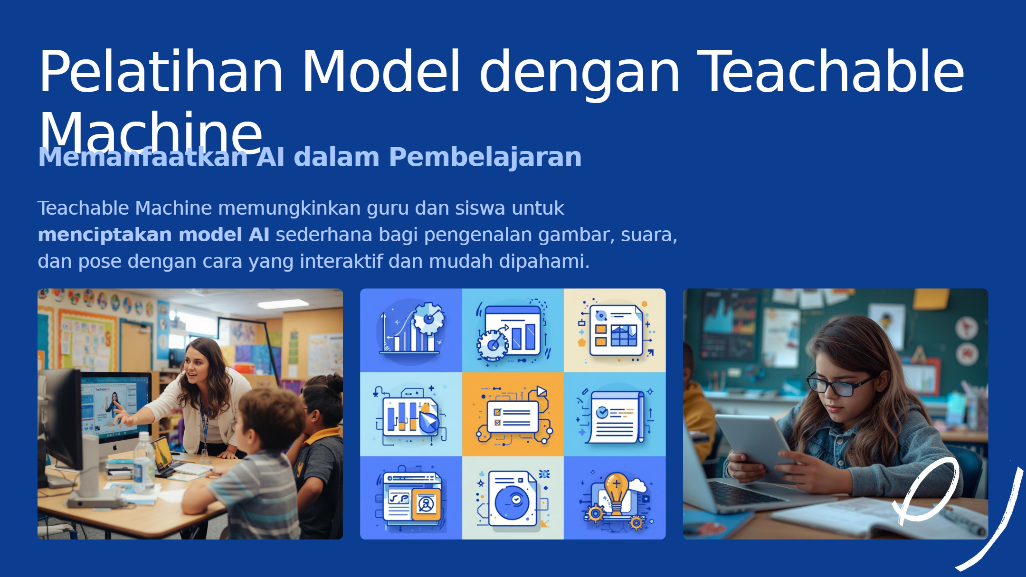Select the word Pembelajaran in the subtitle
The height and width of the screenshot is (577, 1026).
pos(485,158)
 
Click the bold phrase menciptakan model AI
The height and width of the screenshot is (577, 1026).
pos(153,235)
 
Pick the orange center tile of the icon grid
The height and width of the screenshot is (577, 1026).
pos(513,414)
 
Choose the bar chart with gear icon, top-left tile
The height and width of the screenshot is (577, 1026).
pos(411,331)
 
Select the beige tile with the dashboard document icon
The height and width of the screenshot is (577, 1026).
pos(615,331)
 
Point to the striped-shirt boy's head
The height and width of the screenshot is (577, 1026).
pos(271,418)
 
